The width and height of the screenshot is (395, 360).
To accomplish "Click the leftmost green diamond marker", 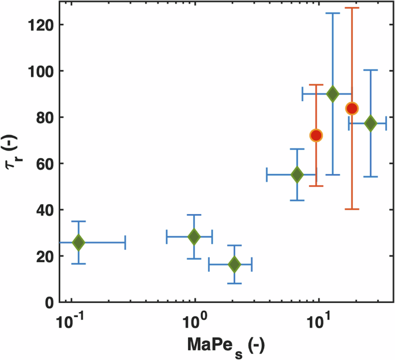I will [x=78, y=242].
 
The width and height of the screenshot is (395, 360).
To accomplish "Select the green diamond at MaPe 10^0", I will [x=194, y=237].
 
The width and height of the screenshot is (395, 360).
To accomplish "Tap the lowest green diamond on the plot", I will [x=234, y=264].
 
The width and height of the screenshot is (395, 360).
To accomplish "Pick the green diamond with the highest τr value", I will [x=333, y=94].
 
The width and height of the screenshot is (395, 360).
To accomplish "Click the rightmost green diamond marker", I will [x=370, y=123].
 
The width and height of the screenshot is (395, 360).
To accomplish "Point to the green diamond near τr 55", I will [x=297, y=174].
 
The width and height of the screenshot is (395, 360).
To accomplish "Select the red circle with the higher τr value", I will [x=352, y=108].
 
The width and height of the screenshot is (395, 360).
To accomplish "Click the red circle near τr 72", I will [x=315, y=136].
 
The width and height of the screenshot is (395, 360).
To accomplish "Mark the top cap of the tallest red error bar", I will [x=352, y=8].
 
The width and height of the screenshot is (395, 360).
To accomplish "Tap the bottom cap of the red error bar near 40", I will [x=352, y=209].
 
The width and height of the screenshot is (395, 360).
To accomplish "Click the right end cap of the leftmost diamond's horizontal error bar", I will [x=125, y=242].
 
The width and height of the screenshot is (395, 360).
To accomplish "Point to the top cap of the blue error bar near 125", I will [x=333, y=13].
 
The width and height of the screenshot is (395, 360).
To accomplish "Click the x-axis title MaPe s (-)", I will [x=225, y=345].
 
